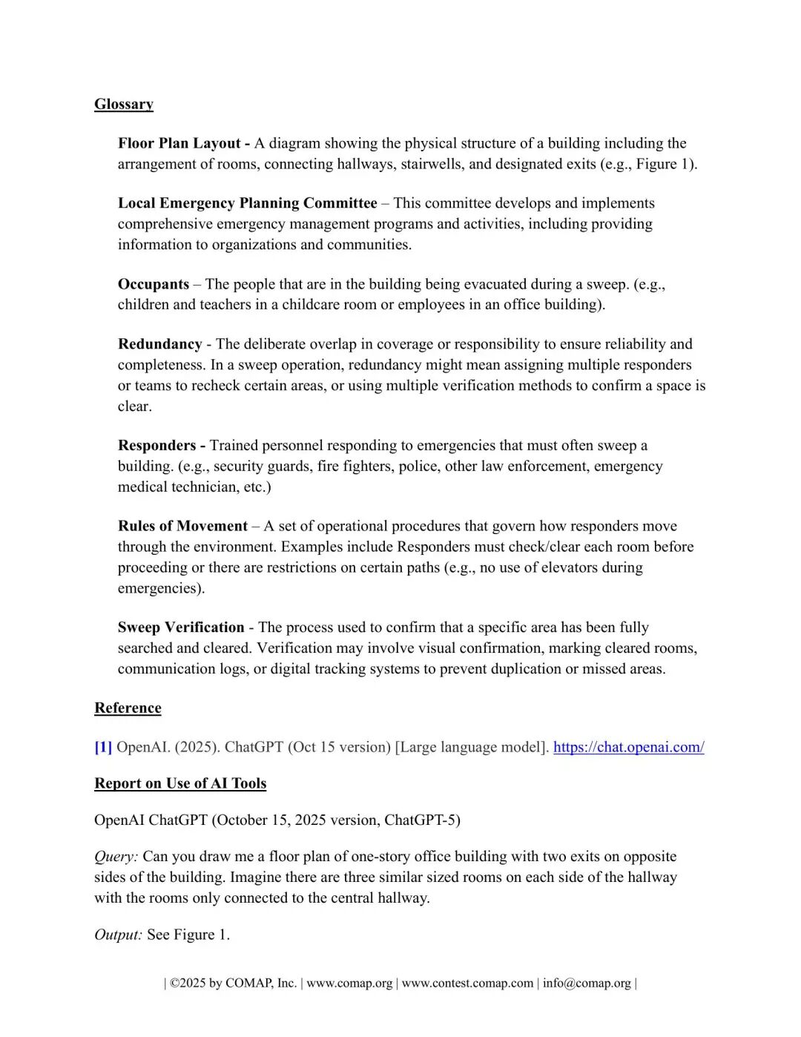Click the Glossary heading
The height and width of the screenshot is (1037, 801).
[x=124, y=105]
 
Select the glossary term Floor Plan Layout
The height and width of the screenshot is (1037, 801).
[x=179, y=143]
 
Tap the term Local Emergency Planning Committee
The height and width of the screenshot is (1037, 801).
[x=247, y=203]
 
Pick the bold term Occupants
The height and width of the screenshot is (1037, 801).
[x=154, y=284]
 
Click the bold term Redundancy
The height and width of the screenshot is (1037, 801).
[x=159, y=344]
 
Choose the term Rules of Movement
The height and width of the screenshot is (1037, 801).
[x=182, y=527]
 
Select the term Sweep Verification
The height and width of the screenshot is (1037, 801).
[x=181, y=628]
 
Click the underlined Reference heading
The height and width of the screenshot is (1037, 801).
[x=128, y=708]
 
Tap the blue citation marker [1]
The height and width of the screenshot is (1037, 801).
[x=103, y=747]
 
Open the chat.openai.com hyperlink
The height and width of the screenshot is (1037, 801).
[x=628, y=747]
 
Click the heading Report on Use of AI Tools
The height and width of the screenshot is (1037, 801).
[x=180, y=784]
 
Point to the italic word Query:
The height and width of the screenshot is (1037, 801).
[x=116, y=857]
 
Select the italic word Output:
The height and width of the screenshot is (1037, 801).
[x=118, y=935]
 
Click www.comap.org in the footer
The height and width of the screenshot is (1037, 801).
[x=349, y=984]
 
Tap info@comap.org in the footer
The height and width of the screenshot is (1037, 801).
[x=586, y=984]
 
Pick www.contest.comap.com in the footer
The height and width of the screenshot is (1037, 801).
[x=467, y=984]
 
